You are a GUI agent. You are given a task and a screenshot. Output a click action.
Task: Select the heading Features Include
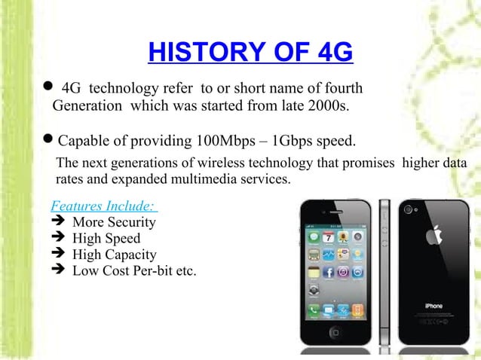[x=103, y=206]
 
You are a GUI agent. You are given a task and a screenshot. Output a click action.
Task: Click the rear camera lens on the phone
[x=409, y=209]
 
